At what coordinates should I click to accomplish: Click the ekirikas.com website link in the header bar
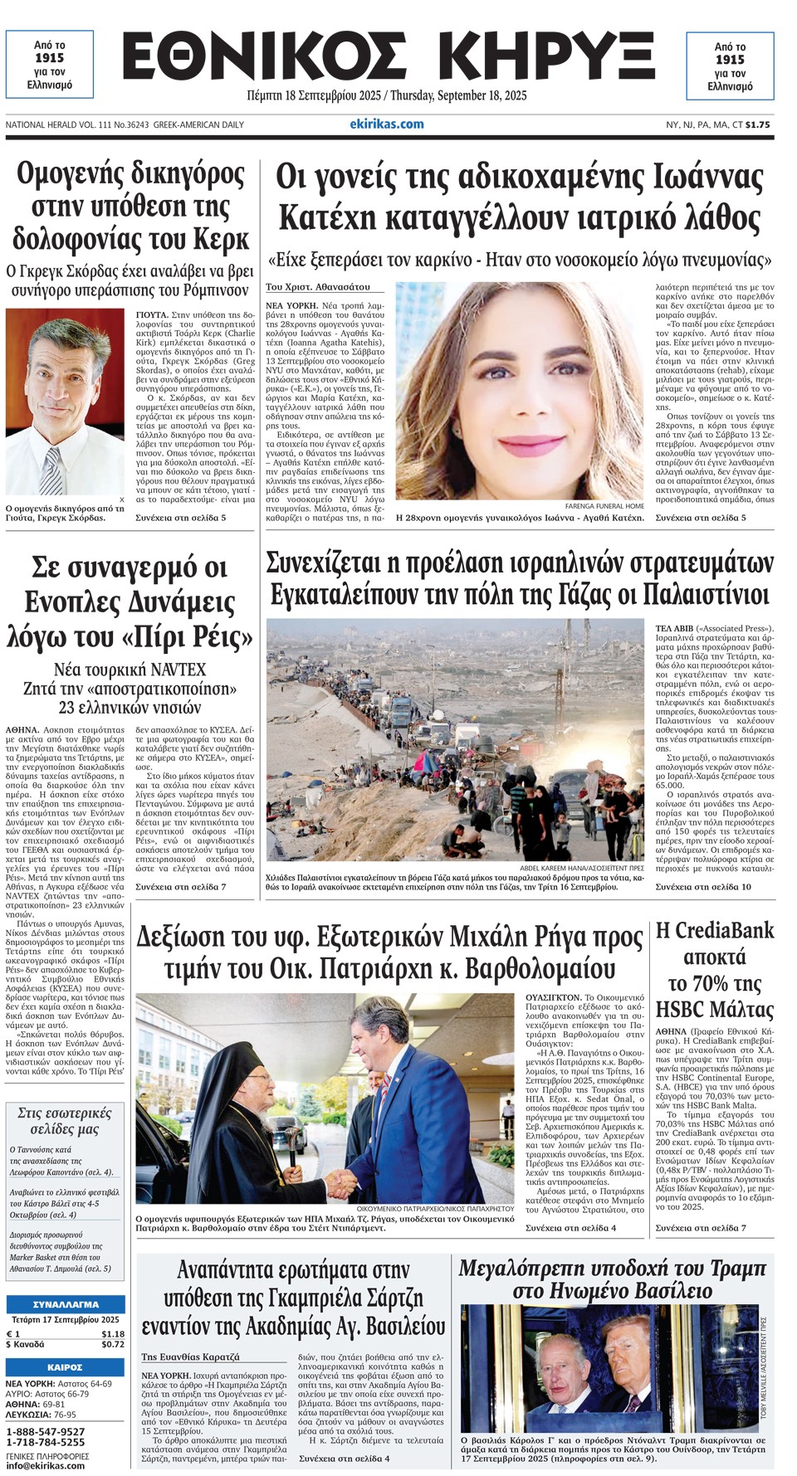point(386,124)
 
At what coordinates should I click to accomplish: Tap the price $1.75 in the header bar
point(757,124)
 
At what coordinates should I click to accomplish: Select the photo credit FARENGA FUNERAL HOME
point(604,505)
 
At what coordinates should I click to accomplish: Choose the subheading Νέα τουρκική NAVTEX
point(130,670)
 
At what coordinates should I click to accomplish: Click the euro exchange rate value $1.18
point(112,1334)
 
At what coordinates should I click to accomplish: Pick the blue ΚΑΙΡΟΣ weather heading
point(65,1367)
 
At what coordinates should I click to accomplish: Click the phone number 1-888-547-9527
point(46,1432)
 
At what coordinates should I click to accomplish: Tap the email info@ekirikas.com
point(46,1465)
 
